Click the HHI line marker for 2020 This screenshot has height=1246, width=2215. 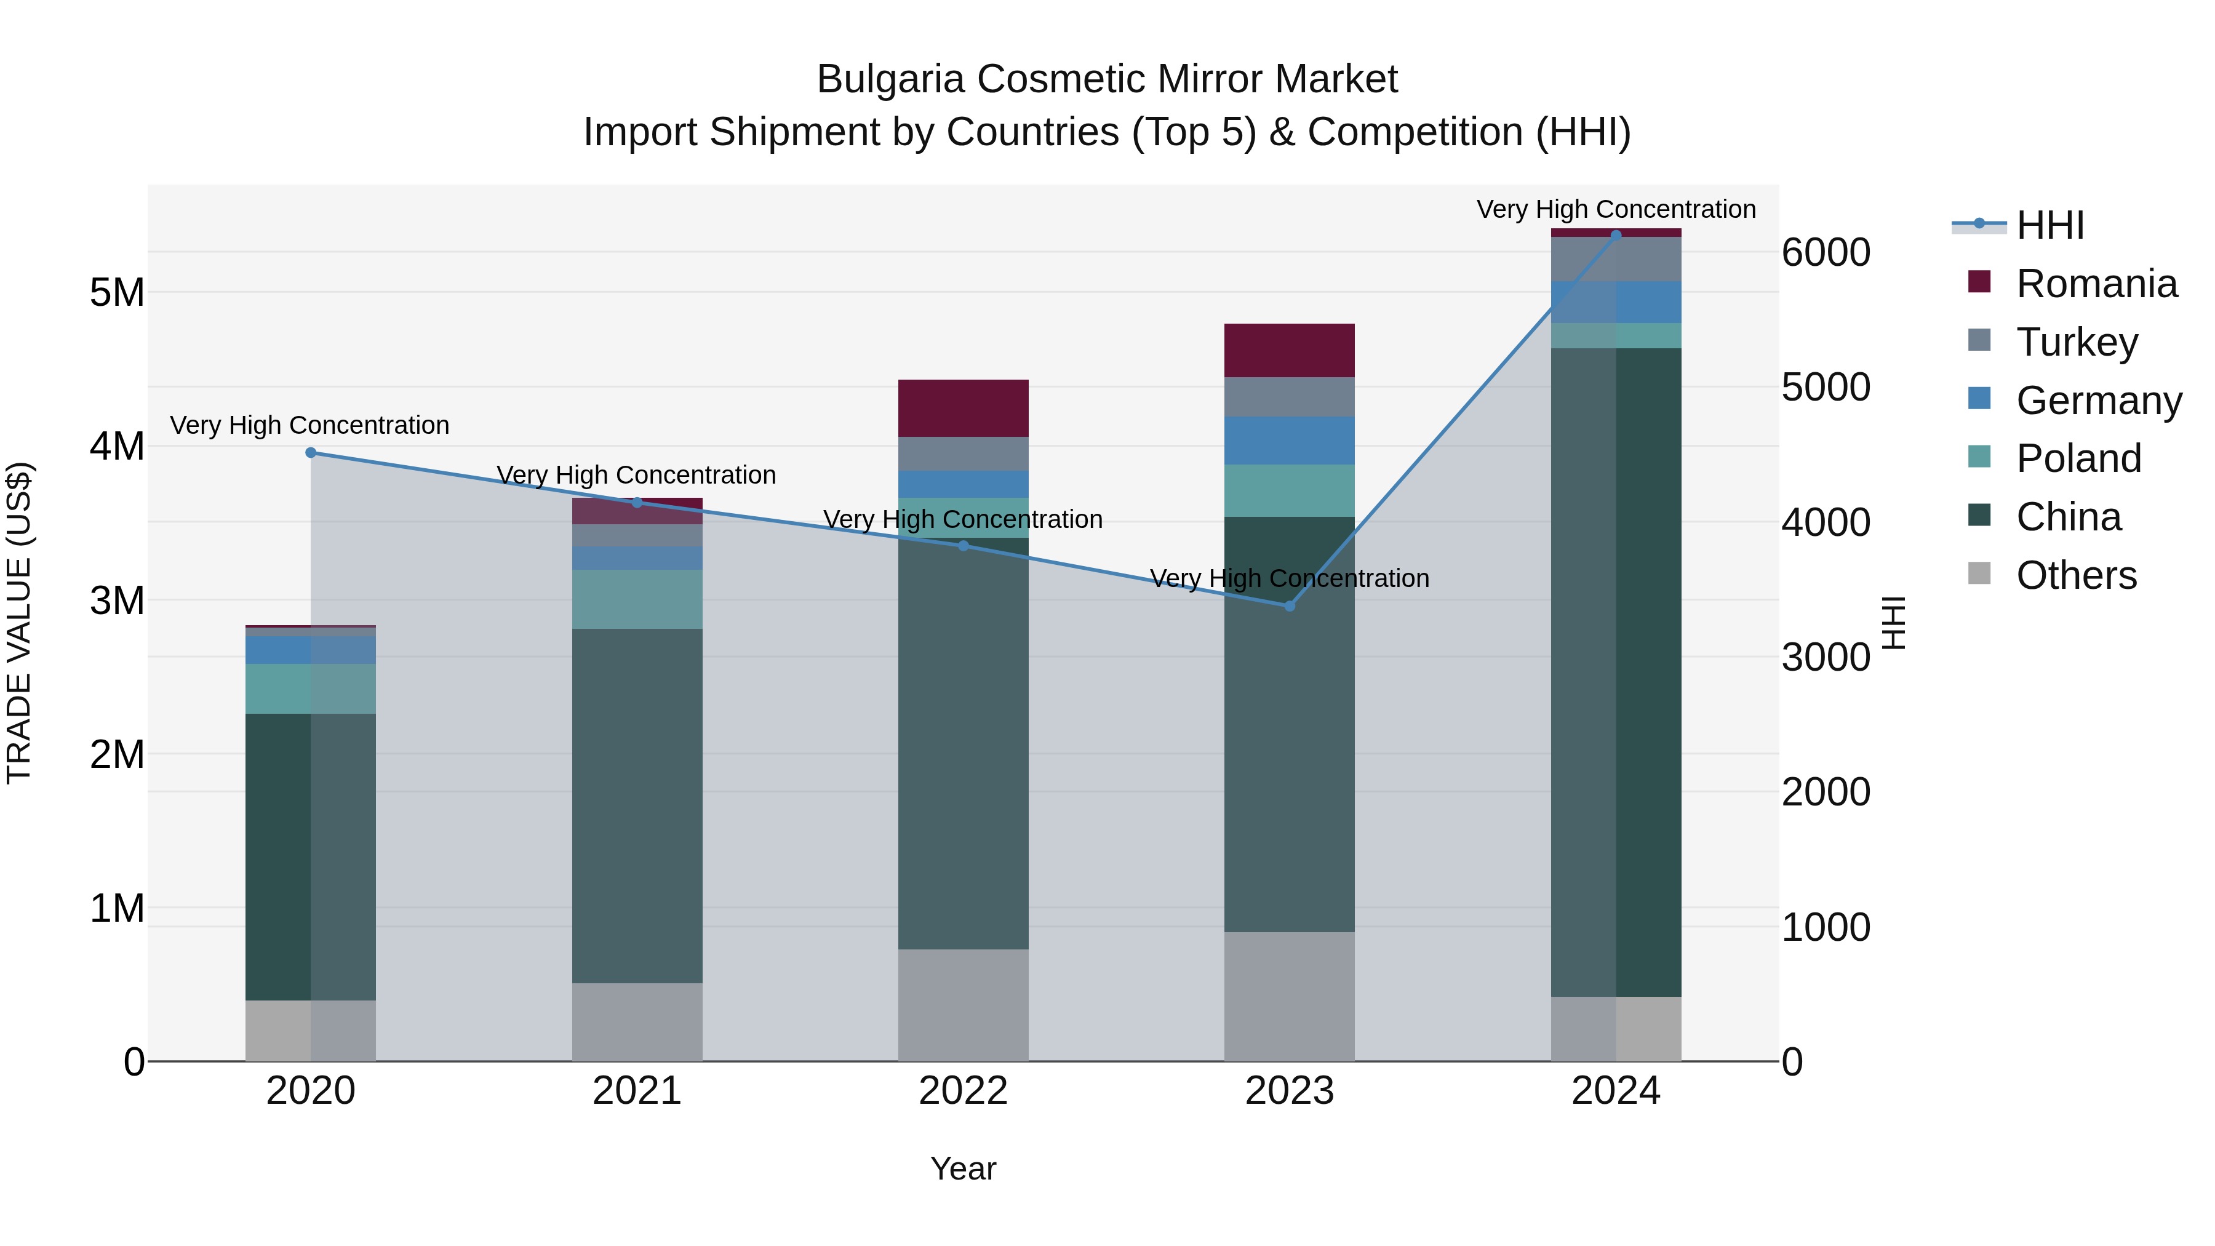311,453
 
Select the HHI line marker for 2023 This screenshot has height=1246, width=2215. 1289,606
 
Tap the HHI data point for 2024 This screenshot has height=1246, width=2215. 1616,235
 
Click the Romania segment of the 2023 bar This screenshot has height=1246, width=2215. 1289,351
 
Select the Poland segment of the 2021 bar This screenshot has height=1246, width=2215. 637,599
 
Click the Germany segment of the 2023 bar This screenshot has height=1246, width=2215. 1289,441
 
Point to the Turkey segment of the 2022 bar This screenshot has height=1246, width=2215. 963,454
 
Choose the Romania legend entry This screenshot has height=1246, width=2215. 2096,284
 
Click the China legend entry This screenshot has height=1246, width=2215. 2068,517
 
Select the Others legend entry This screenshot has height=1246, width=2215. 2076,575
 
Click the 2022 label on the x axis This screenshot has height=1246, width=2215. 963,1091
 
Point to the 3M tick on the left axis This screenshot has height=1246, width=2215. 117,600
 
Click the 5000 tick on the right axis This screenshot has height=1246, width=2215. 1825,387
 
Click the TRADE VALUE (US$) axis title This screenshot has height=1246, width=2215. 20,623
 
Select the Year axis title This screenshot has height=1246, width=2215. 963,1168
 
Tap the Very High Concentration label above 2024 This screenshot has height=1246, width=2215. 1616,209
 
